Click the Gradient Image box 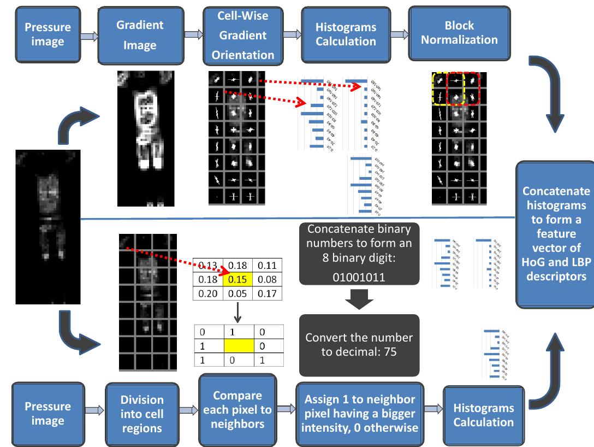click(x=140, y=36)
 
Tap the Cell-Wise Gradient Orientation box click(x=242, y=35)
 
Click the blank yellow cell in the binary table click(x=239, y=345)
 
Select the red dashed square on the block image click(x=464, y=89)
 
